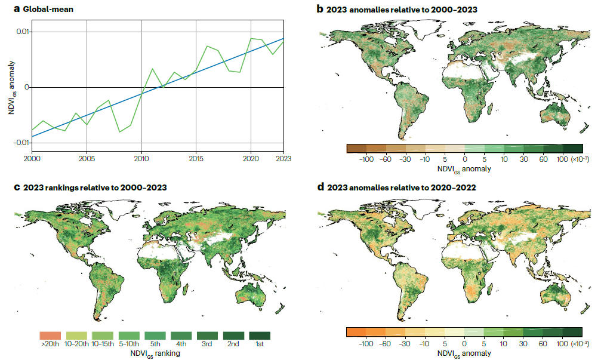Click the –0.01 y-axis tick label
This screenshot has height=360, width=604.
click(x=21, y=142)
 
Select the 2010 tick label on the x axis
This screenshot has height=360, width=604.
click(x=142, y=158)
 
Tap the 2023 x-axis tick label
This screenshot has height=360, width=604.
click(x=283, y=158)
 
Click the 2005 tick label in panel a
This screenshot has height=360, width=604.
click(x=87, y=158)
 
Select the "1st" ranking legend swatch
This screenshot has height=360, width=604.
click(x=260, y=336)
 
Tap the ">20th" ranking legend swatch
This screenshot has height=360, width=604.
click(x=50, y=336)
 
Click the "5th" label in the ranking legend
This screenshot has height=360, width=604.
click(x=155, y=345)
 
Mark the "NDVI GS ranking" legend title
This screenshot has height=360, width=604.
click(x=155, y=353)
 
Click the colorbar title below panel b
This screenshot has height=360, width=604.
click(x=463, y=169)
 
